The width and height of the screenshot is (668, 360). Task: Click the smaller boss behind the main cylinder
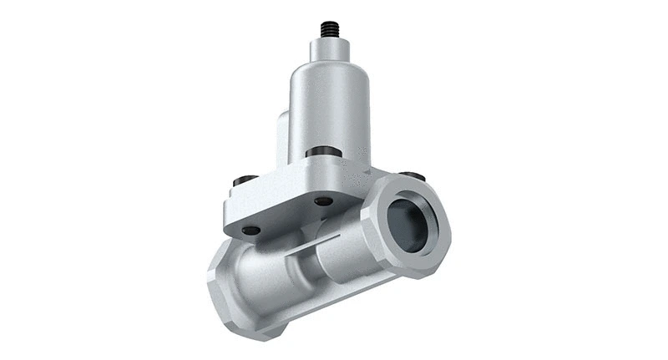tap(282, 134)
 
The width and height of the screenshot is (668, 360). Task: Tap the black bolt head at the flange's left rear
tap(243, 180)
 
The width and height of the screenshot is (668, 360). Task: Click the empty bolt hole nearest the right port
tap(322, 201)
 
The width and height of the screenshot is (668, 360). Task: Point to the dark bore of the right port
tap(407, 224)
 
